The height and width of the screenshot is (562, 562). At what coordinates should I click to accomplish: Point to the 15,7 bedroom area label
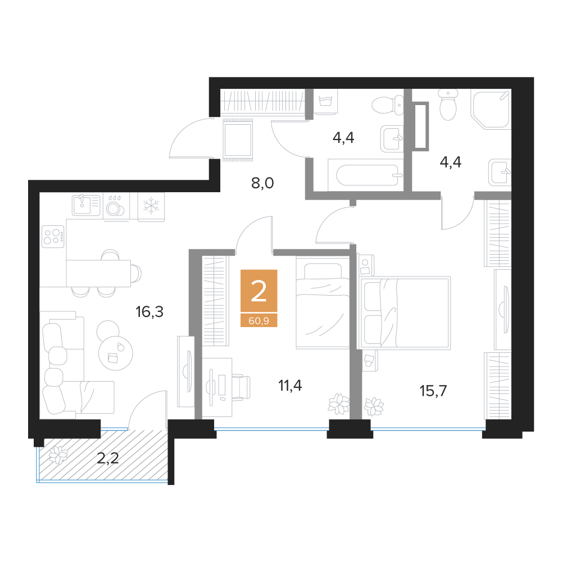(x=433, y=391)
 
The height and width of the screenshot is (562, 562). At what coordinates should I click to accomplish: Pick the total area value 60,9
(x=259, y=321)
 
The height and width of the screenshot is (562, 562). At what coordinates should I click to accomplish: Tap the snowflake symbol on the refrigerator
(x=151, y=206)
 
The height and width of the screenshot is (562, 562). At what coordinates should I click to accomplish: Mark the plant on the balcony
(x=57, y=454)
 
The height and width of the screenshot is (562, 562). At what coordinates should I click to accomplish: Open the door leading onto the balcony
(x=148, y=407)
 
